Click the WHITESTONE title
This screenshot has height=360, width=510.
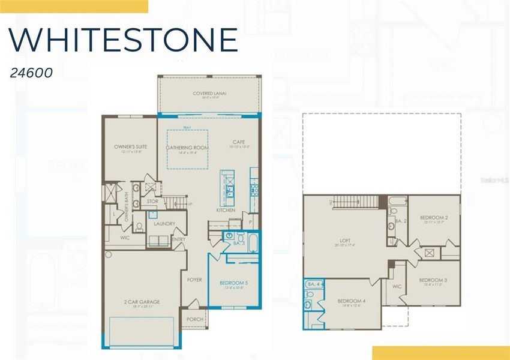[x=123, y=40]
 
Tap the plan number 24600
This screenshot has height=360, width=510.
[x=31, y=73]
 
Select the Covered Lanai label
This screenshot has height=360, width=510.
[x=209, y=94]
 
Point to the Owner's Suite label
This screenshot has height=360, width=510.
[x=130, y=146]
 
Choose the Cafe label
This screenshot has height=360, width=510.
[x=239, y=142]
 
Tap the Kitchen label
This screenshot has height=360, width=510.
[x=225, y=211]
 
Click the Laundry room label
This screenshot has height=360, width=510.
[x=164, y=224]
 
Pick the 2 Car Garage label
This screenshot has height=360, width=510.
[x=143, y=302]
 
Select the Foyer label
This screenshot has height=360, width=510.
[x=194, y=280]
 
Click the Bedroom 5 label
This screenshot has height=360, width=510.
[x=233, y=283]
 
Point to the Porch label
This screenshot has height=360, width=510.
[x=194, y=319]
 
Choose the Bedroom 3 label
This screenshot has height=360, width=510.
[x=433, y=280]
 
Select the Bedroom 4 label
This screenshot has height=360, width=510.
[x=351, y=301]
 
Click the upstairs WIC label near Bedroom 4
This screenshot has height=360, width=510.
[x=396, y=286]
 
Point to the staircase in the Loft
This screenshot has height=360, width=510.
[x=353, y=202]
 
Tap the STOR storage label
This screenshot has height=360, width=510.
[x=152, y=202]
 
